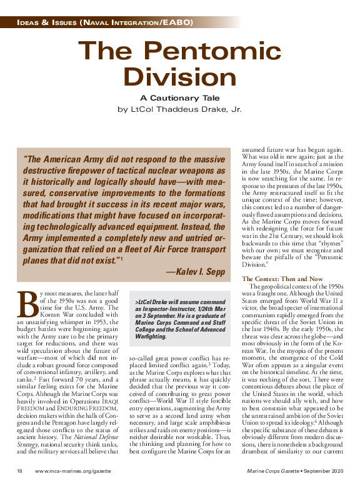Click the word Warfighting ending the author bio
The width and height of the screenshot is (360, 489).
151,337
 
